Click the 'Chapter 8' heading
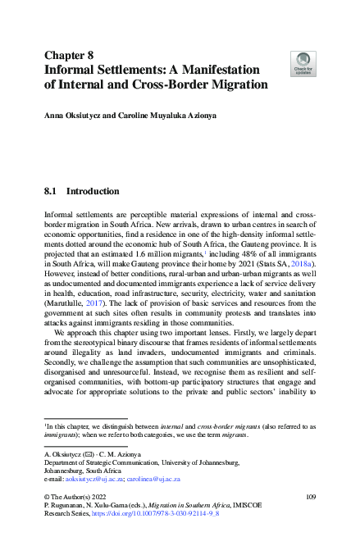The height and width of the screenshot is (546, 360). (70, 56)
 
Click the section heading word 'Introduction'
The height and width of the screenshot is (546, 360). (93, 192)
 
